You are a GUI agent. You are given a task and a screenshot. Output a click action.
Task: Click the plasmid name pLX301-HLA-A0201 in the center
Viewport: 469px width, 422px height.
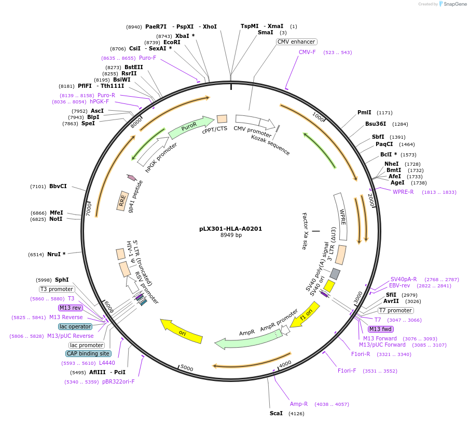point(231,229)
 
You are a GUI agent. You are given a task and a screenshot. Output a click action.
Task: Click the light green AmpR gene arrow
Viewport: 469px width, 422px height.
point(246,338)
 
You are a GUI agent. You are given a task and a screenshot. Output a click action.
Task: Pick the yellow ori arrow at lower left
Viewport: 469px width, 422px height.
point(181,331)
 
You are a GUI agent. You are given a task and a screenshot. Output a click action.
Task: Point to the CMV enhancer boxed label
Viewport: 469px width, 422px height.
point(296,42)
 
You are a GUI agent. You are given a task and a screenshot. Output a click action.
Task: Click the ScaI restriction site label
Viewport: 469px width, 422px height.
point(276,413)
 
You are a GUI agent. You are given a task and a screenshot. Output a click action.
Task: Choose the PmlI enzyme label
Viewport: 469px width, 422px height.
point(364,112)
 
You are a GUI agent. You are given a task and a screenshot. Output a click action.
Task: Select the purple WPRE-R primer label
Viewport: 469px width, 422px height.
point(403,192)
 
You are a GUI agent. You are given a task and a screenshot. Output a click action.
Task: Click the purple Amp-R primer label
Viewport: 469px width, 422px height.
point(299,404)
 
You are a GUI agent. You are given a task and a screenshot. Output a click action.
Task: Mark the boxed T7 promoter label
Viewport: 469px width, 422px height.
point(395,310)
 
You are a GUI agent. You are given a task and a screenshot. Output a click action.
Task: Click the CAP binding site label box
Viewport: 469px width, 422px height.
point(88,353)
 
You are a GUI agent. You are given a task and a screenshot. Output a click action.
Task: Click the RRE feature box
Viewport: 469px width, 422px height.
point(122,201)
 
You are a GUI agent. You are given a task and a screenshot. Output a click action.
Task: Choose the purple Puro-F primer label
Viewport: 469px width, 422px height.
point(147,58)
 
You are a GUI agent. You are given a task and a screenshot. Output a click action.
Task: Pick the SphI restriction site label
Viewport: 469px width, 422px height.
point(62,280)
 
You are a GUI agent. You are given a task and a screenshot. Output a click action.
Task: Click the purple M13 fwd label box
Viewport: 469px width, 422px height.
point(380,329)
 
